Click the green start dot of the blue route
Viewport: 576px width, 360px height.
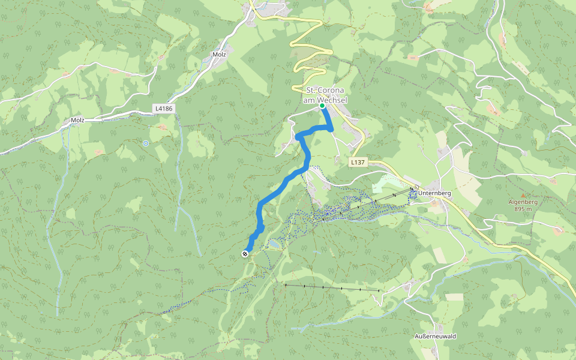pos(322,106)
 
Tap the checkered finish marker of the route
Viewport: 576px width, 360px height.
pos(245,254)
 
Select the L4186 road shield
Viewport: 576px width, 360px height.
pos(163,109)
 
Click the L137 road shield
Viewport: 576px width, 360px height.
pos(358,162)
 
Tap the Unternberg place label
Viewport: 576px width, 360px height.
pos(435,194)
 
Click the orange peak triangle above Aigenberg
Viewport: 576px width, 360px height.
pos(523,196)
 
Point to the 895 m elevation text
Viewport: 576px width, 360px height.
pos(523,209)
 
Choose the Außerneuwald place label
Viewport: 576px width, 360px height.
pos(436,336)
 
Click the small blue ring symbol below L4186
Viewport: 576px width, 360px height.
pos(146,143)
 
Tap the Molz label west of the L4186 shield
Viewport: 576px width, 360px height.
pos(77,120)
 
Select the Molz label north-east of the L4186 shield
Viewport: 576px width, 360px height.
pos(219,55)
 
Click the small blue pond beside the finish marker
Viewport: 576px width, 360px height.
pos(274,244)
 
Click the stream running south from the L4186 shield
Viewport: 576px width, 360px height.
pos(179,180)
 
